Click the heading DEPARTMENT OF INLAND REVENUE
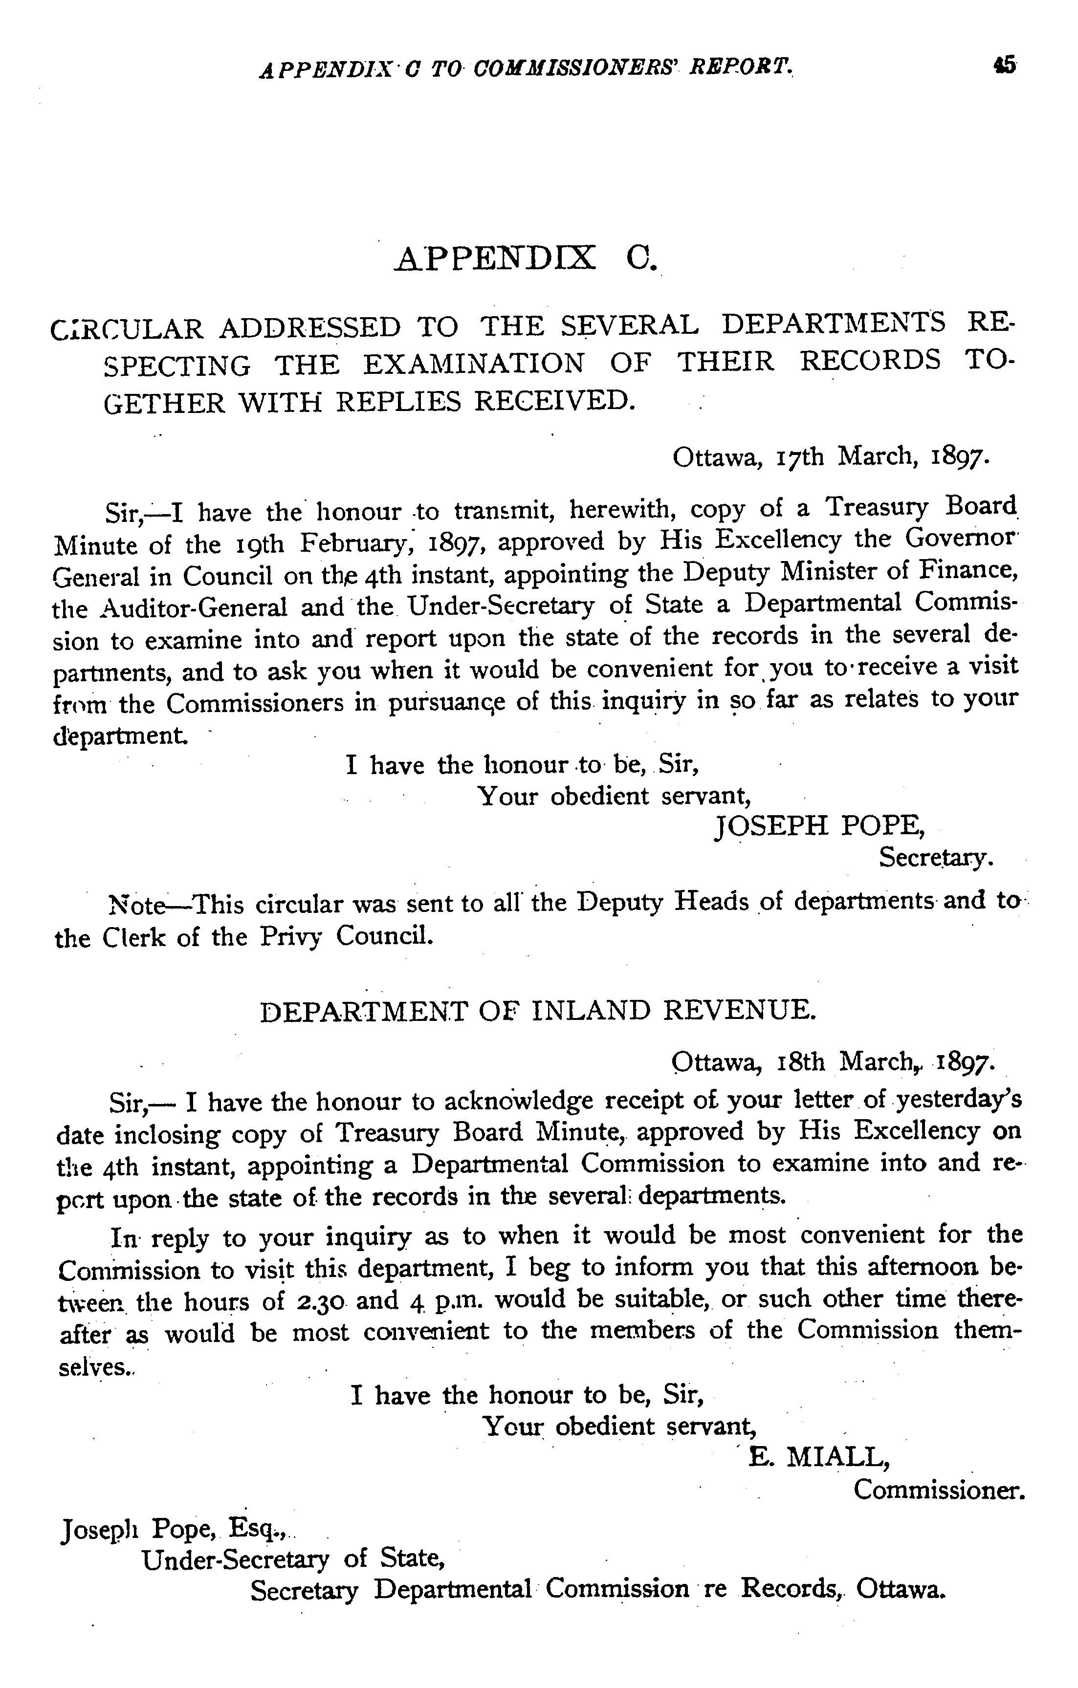(538, 1012)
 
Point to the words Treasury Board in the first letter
(920, 507)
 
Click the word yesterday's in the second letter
(957, 1101)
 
